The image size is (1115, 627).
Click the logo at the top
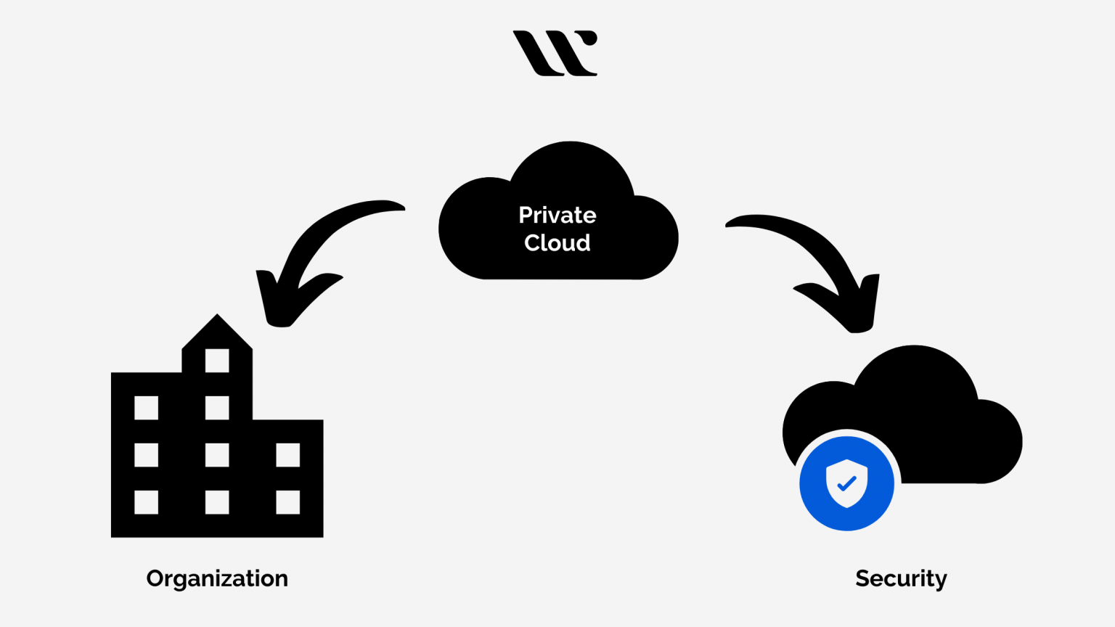click(555, 53)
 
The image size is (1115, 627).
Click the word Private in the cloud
click(557, 216)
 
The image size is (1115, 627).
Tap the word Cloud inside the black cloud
click(557, 242)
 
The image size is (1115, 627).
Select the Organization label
click(217, 578)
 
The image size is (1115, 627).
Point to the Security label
click(901, 578)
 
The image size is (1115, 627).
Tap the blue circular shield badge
click(846, 483)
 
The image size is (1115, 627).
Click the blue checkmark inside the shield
click(847, 483)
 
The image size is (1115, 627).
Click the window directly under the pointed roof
click(217, 361)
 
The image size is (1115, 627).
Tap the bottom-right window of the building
click(288, 502)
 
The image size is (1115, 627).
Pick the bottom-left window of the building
click(146, 502)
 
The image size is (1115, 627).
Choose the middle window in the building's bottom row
click(217, 502)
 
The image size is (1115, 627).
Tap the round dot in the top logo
click(591, 38)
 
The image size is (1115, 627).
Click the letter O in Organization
click(155, 578)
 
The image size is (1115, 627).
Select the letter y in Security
click(941, 581)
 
